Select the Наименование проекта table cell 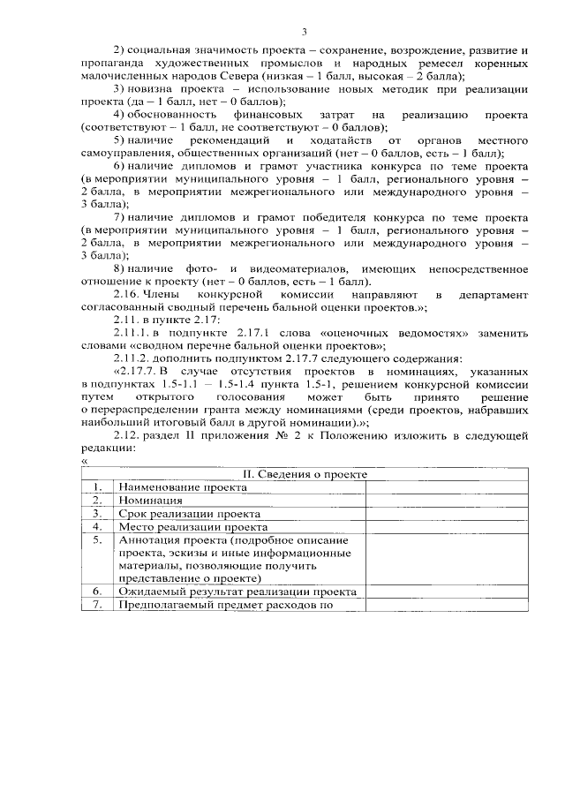coord(171,486)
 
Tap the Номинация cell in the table coord(150,500)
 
